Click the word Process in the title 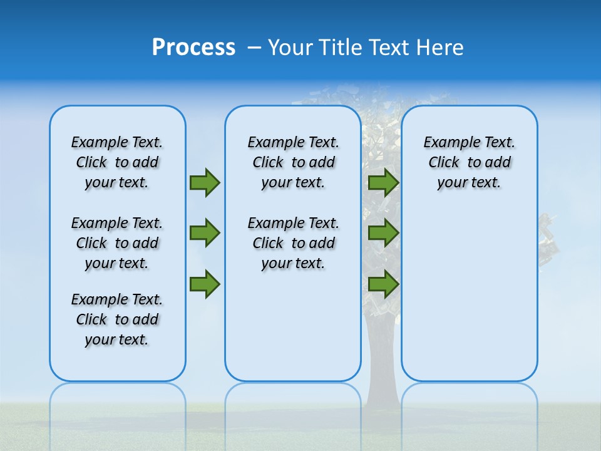[x=193, y=48]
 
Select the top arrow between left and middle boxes [x=205, y=182]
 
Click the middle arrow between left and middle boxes [x=205, y=233]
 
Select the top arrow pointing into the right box [x=383, y=182]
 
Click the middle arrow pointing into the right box [x=383, y=233]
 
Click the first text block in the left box [x=117, y=162]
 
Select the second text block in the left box [x=117, y=243]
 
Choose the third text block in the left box [x=117, y=319]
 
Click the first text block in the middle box [x=293, y=162]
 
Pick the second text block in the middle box [x=293, y=243]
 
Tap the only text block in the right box [x=469, y=162]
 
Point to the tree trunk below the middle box [x=381, y=395]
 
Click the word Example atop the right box [x=446, y=143]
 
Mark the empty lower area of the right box [x=469, y=301]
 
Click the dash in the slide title [x=254, y=48]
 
